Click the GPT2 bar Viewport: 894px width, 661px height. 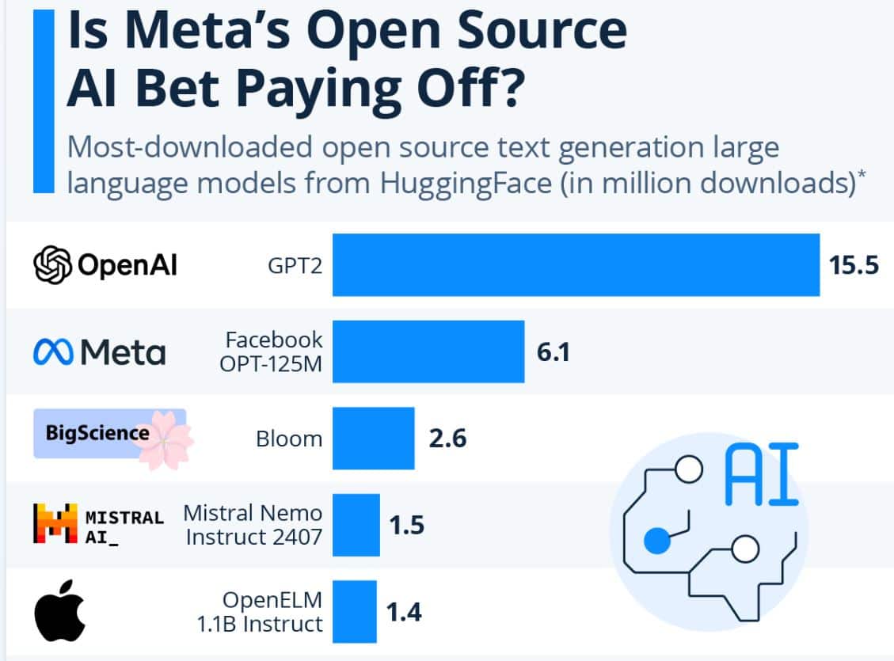576,264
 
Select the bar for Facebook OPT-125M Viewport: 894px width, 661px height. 428,351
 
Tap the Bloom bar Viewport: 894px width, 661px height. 373,438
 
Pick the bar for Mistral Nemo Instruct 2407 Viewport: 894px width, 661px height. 356,525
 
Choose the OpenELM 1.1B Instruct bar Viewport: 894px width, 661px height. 354,611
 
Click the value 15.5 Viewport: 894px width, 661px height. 854,265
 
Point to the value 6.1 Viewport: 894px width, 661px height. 553,351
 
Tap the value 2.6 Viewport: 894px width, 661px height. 447,438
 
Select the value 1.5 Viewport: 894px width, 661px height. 406,525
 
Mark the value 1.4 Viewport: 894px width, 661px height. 404,612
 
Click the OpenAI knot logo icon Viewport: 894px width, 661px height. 52,265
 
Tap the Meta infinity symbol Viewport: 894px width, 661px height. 53,352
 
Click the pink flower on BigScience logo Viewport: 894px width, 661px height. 164,439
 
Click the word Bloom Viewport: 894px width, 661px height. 289,439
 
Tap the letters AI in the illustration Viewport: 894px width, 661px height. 761,473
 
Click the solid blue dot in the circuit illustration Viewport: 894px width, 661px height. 656,541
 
